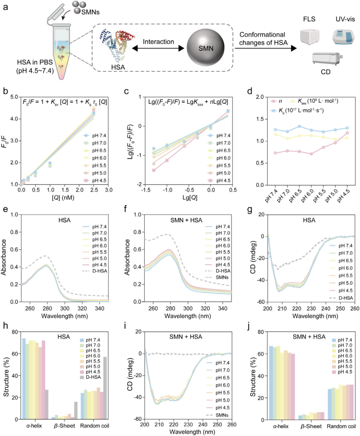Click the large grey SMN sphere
click(x=205, y=48)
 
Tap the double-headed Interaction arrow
click(x=158, y=49)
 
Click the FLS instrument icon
click(x=310, y=37)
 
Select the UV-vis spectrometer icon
click(x=343, y=37)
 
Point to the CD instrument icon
click(x=327, y=59)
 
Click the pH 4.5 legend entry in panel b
click(x=95, y=180)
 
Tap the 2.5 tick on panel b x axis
click(x=94, y=190)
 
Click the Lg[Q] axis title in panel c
click(x=190, y=197)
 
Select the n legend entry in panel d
click(x=276, y=101)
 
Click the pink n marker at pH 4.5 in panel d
click(x=347, y=133)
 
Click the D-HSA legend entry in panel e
click(x=95, y=271)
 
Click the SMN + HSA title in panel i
click(x=186, y=337)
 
